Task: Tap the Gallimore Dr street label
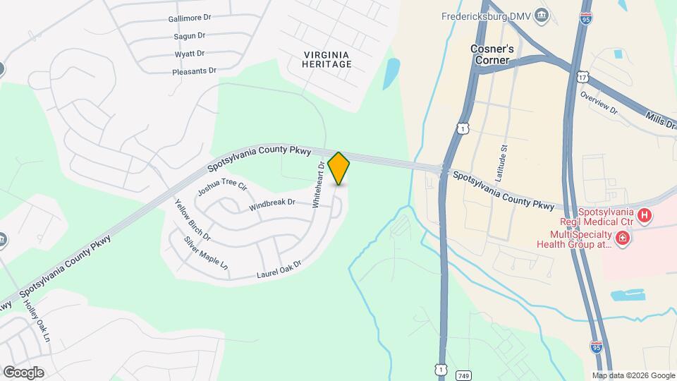pos(190,19)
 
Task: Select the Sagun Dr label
pos(189,36)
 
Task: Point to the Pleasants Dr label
pos(193,71)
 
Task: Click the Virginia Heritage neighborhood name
pos(327,59)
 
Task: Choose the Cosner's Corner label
pos(495,55)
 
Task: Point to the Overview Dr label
pos(599,102)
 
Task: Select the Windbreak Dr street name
pos(272,205)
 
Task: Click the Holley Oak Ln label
pos(37,322)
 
